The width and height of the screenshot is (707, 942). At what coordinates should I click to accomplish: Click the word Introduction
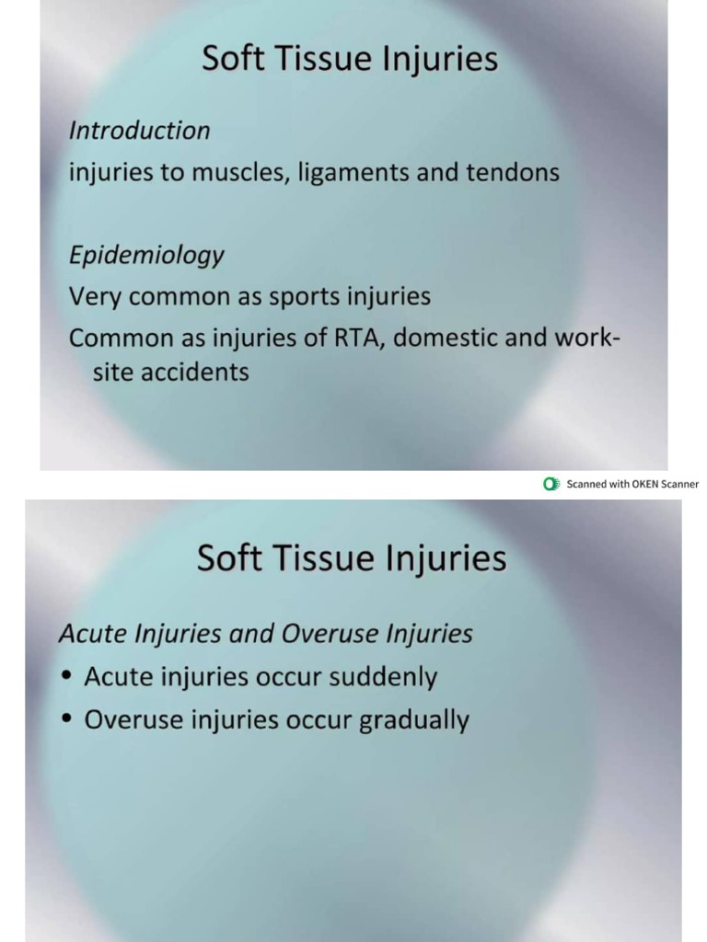[x=139, y=131]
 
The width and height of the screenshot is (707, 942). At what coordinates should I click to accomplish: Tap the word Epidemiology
[x=146, y=256]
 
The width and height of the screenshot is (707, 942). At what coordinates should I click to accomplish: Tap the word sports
[x=306, y=298]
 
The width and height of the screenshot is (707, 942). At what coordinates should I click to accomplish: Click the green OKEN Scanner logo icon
[x=551, y=484]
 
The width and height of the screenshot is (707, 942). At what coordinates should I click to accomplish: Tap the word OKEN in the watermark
[x=644, y=484]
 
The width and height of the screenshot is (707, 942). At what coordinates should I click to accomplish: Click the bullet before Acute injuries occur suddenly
[x=66, y=677]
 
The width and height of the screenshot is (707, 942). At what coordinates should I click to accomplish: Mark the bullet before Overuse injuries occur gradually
[x=66, y=720]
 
